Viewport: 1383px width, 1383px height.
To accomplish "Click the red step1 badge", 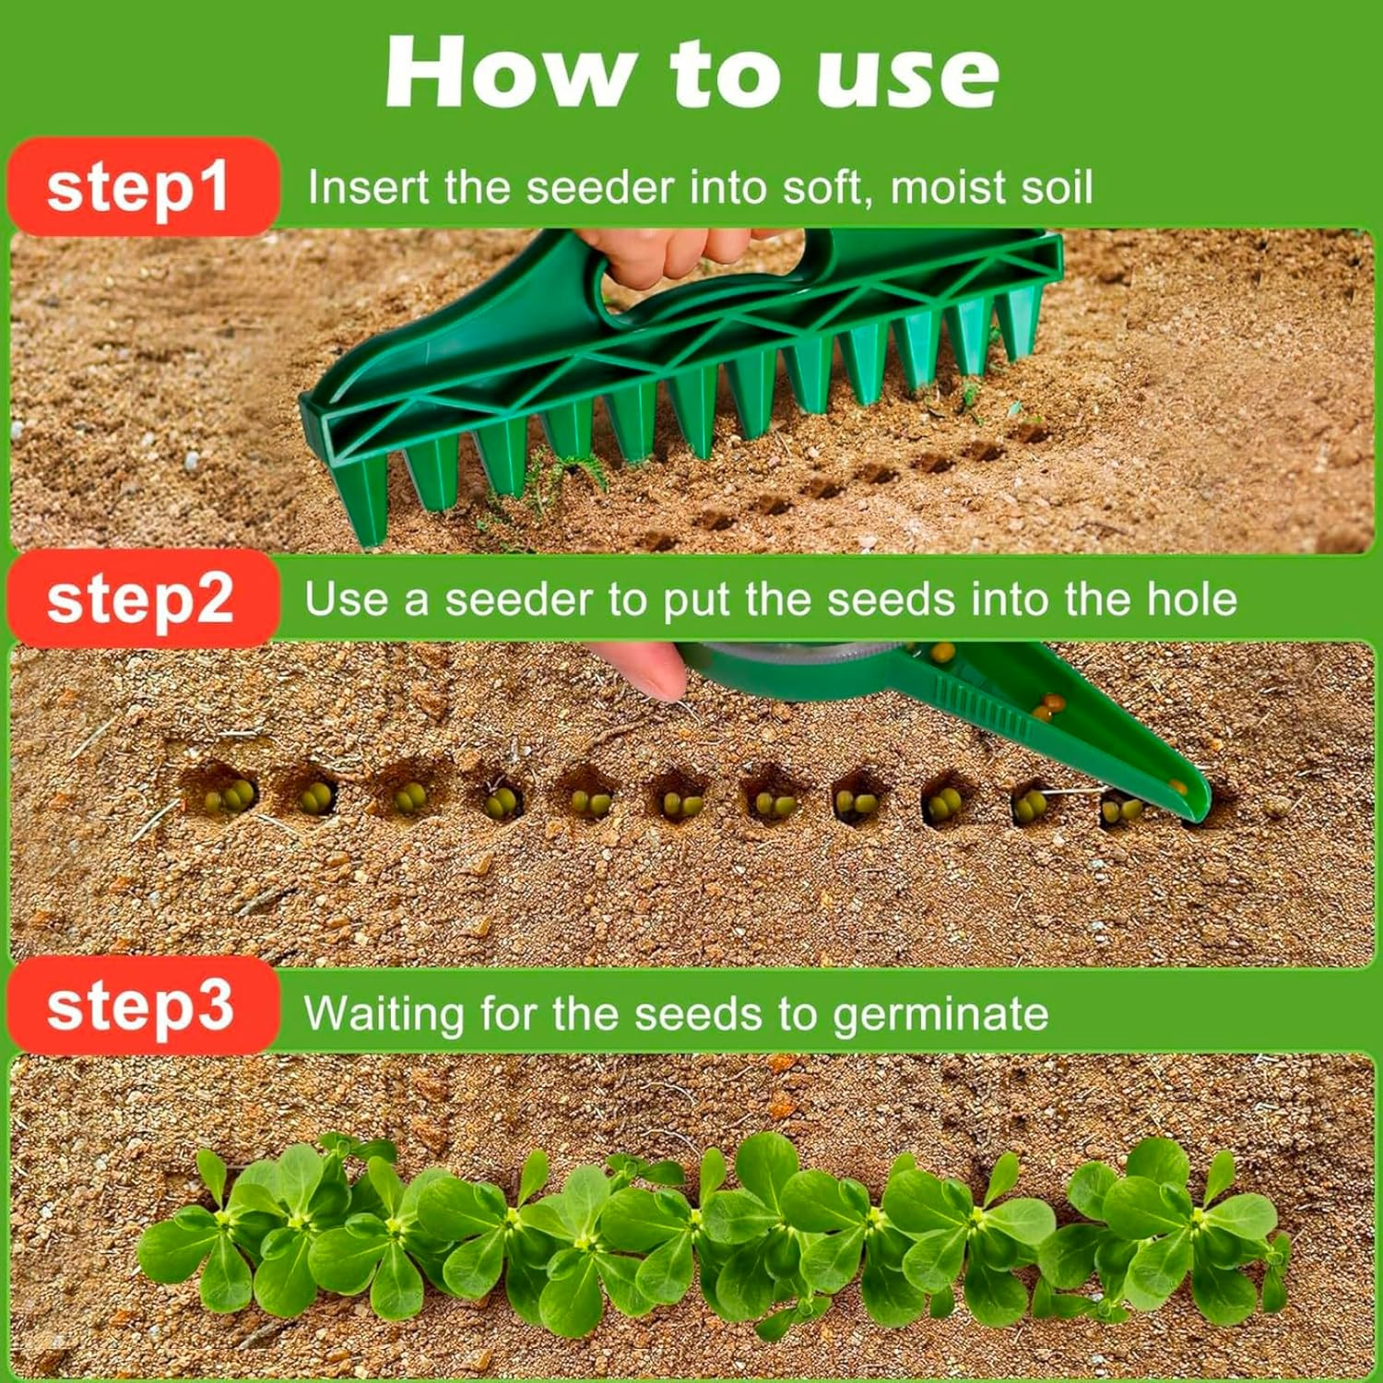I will tap(140, 187).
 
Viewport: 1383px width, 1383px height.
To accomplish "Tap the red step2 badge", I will tap(140, 600).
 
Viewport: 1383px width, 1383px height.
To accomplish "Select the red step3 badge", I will tap(140, 1007).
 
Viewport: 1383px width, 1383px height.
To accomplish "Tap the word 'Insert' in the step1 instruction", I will tap(369, 187).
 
